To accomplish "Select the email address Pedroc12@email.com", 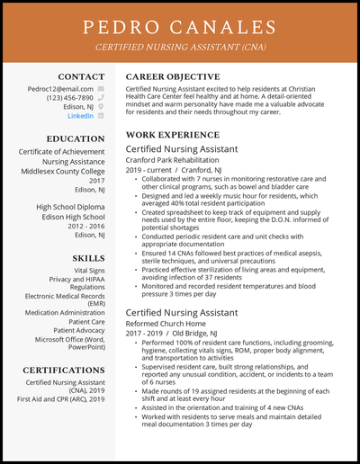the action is tap(60, 89).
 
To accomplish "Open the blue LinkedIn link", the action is tap(80, 116).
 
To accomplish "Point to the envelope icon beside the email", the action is tap(102, 89).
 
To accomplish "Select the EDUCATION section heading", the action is tap(76, 138).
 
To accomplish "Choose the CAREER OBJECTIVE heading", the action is tap(172, 76).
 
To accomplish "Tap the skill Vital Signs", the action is tap(90, 270).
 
